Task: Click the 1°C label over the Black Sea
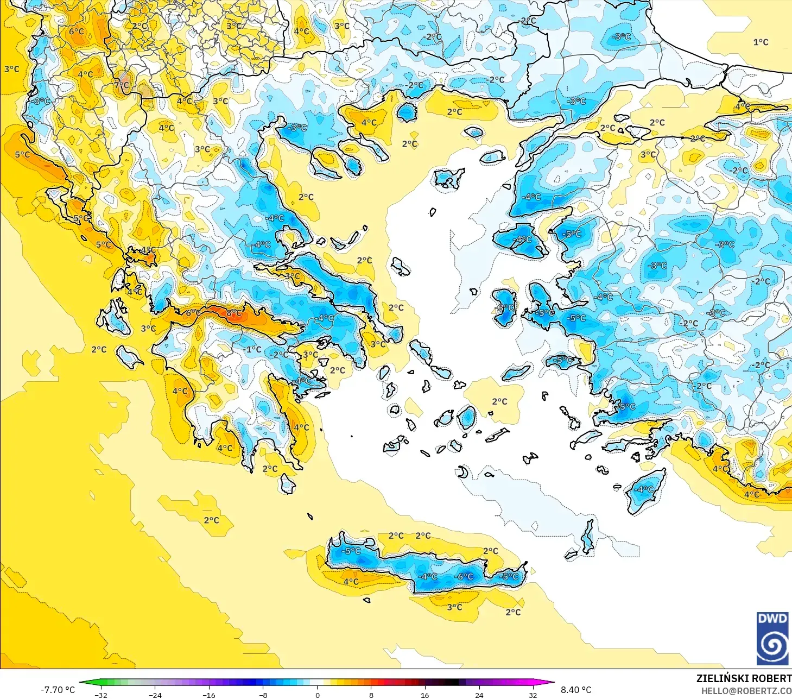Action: [761, 42]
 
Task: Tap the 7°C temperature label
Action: [122, 85]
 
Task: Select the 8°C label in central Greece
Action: [234, 313]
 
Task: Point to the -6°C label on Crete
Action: [464, 576]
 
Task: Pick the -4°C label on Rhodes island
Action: [644, 489]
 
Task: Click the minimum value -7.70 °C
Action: [58, 690]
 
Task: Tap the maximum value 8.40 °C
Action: [576, 690]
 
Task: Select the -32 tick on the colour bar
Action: [100, 695]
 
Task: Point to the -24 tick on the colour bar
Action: [155, 695]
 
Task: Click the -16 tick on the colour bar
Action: [209, 695]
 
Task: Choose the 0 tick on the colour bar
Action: [318, 695]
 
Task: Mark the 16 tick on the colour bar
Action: [424, 695]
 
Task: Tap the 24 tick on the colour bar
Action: [479, 695]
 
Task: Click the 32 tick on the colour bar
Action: [533, 695]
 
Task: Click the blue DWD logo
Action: [772, 638]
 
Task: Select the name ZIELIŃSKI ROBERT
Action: [744, 678]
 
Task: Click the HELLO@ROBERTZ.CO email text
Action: [746, 691]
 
